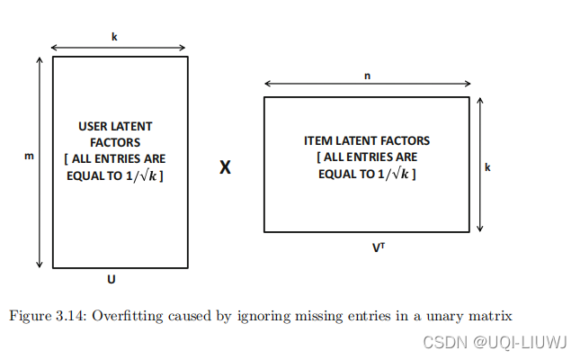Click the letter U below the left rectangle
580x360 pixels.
(112, 279)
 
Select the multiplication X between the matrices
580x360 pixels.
(225, 166)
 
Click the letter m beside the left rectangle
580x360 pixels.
(28, 157)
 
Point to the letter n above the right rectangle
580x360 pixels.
(367, 76)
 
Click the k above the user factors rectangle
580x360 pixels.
(114, 37)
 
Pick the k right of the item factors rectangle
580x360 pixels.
(486, 166)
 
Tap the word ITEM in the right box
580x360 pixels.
(319, 141)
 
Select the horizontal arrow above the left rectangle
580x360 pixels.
(119, 48)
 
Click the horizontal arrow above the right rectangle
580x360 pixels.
(366, 85)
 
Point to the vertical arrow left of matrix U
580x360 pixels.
(40, 162)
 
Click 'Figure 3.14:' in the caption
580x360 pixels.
(44, 315)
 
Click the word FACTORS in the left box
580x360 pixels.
(115, 142)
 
